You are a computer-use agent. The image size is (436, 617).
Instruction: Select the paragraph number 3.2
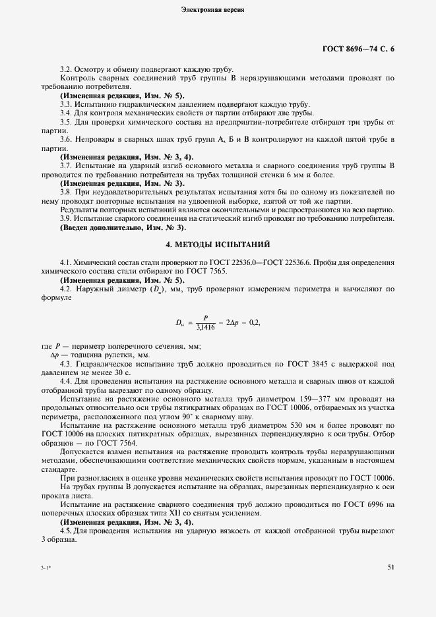(66, 69)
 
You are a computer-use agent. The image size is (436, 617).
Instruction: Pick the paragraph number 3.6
(66, 139)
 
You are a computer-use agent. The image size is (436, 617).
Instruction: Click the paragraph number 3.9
(66, 218)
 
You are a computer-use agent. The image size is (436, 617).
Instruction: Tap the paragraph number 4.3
(66, 364)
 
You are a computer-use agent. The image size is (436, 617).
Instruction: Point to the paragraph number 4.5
(66, 530)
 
